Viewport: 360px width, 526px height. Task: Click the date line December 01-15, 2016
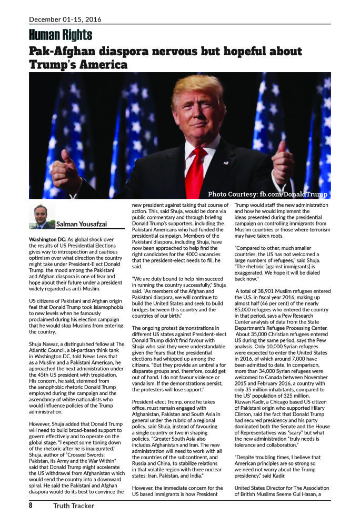coord(65,19)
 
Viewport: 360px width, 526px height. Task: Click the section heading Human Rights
coord(61,35)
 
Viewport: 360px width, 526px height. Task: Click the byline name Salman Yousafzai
coord(82,224)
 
